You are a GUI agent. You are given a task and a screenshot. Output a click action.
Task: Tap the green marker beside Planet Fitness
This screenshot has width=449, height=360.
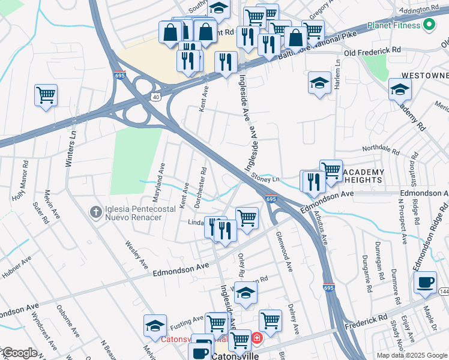429,25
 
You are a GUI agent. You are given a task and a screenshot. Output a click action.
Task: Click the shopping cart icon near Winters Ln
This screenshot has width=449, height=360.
46,95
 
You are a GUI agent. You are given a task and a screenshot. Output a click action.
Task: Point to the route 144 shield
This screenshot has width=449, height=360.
443,292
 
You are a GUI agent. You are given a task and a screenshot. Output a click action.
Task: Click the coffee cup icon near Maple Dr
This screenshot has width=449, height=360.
425,283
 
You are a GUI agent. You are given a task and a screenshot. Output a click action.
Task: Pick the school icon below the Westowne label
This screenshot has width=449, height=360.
400,89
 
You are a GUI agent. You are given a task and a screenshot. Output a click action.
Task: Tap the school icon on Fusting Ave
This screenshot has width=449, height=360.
155,326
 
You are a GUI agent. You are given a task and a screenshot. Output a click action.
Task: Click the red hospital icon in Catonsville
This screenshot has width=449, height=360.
257,339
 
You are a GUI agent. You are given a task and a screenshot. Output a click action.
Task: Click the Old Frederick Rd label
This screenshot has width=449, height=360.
380,52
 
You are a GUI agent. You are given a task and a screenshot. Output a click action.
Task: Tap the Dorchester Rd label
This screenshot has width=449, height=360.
200,187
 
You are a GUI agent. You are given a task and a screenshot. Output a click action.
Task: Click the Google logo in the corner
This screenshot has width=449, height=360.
19,353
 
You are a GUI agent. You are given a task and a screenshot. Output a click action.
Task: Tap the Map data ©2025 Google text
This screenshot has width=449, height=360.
411,355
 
